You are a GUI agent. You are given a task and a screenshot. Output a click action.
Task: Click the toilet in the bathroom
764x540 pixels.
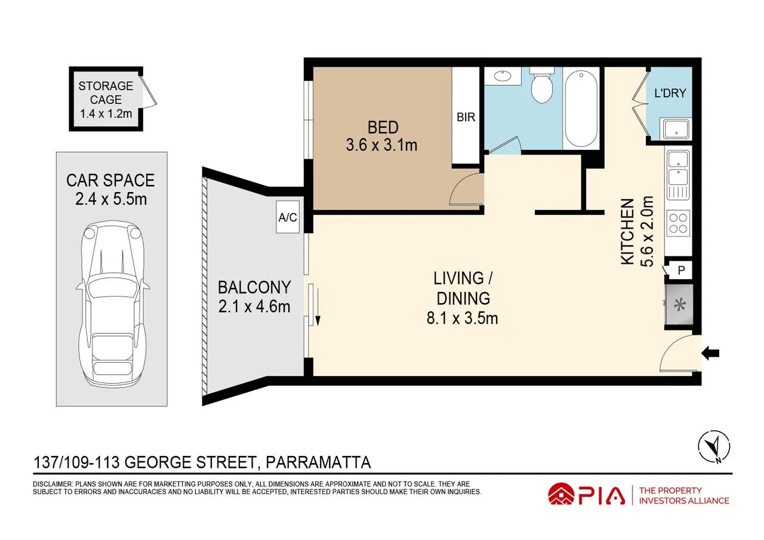click(x=541, y=85)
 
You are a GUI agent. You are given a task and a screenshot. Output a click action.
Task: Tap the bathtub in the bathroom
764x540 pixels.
click(x=581, y=109)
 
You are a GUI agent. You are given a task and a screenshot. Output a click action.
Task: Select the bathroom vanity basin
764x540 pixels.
click(x=503, y=76)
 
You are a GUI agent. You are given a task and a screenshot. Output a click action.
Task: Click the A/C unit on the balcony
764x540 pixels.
click(x=288, y=217)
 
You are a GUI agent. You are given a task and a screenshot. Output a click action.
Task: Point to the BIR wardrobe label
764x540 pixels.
click(x=466, y=118)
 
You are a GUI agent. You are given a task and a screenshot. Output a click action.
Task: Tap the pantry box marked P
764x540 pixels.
click(x=681, y=270)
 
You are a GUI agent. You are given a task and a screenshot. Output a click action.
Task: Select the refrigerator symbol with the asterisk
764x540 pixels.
click(x=679, y=304)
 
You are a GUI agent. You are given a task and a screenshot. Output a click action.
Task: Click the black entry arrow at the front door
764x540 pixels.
click(x=710, y=353)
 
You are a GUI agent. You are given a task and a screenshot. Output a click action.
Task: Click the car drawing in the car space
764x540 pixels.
click(x=113, y=303)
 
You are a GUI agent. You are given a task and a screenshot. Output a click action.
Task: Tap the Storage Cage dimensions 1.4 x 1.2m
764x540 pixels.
click(x=106, y=113)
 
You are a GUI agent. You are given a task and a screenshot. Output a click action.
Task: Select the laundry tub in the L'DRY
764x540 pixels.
click(x=676, y=129)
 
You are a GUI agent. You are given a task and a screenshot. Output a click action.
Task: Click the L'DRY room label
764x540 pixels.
click(x=670, y=93)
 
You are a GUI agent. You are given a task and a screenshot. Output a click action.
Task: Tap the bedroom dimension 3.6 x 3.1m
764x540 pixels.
click(x=381, y=145)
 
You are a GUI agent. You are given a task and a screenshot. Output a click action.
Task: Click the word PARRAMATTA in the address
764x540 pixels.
click(x=318, y=462)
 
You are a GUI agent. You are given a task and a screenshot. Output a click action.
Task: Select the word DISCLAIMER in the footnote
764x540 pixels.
click(x=53, y=484)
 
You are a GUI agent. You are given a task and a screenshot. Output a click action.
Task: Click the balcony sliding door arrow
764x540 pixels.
click(x=318, y=307)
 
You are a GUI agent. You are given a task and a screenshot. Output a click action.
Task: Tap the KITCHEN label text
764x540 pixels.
click(x=627, y=232)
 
